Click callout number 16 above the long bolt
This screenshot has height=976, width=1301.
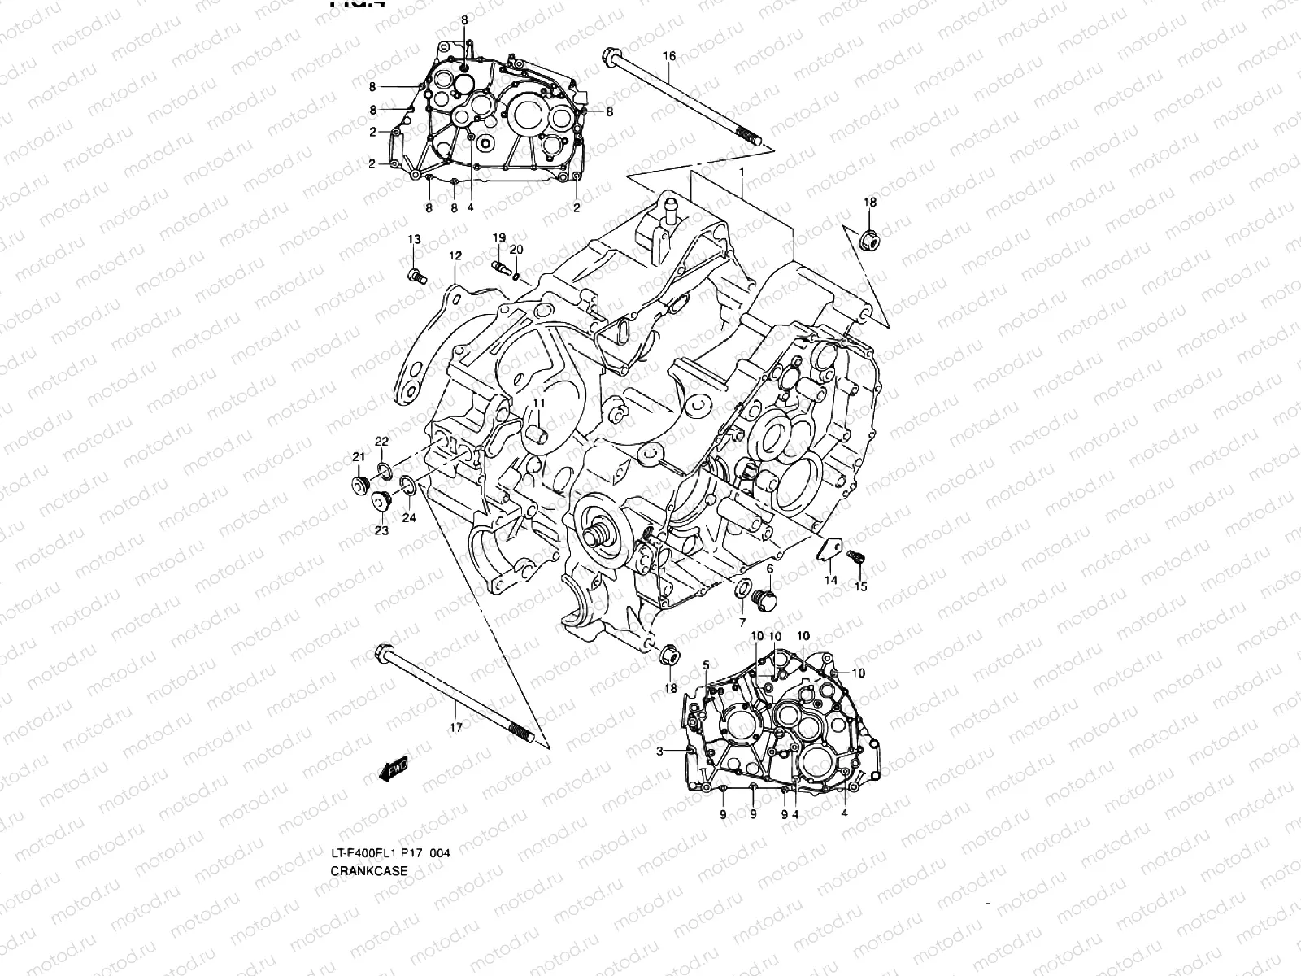668,56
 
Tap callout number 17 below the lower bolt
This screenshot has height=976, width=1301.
455,727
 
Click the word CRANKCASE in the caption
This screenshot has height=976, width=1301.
368,870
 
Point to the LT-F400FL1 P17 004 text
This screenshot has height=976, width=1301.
389,853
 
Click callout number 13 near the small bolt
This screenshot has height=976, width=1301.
414,238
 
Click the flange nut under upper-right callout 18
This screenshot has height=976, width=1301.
868,240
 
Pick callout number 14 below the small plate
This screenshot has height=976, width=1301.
830,580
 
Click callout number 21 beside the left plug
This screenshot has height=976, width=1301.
358,458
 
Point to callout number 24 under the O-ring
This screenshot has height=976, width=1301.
409,517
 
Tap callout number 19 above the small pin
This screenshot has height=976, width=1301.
498,237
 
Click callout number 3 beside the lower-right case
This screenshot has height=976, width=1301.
661,750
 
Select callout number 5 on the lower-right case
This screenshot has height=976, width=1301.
706,664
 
